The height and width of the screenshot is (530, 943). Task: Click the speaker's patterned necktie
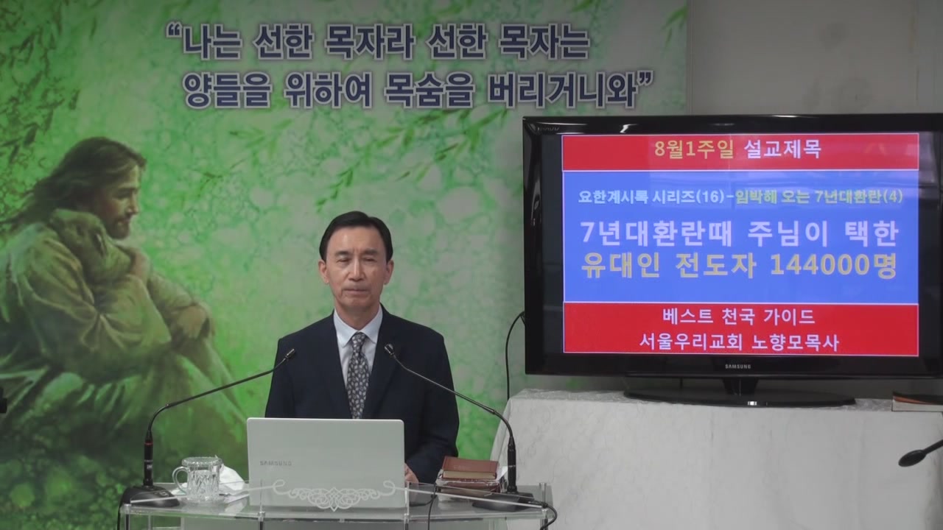[357, 375]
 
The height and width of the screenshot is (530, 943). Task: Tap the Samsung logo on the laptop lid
[276, 463]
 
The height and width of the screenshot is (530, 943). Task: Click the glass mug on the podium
[199, 479]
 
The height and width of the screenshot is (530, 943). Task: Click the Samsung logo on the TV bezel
[737, 367]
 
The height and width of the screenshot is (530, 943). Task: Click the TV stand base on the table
[739, 396]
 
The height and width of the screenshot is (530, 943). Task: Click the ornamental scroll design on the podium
[332, 493]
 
